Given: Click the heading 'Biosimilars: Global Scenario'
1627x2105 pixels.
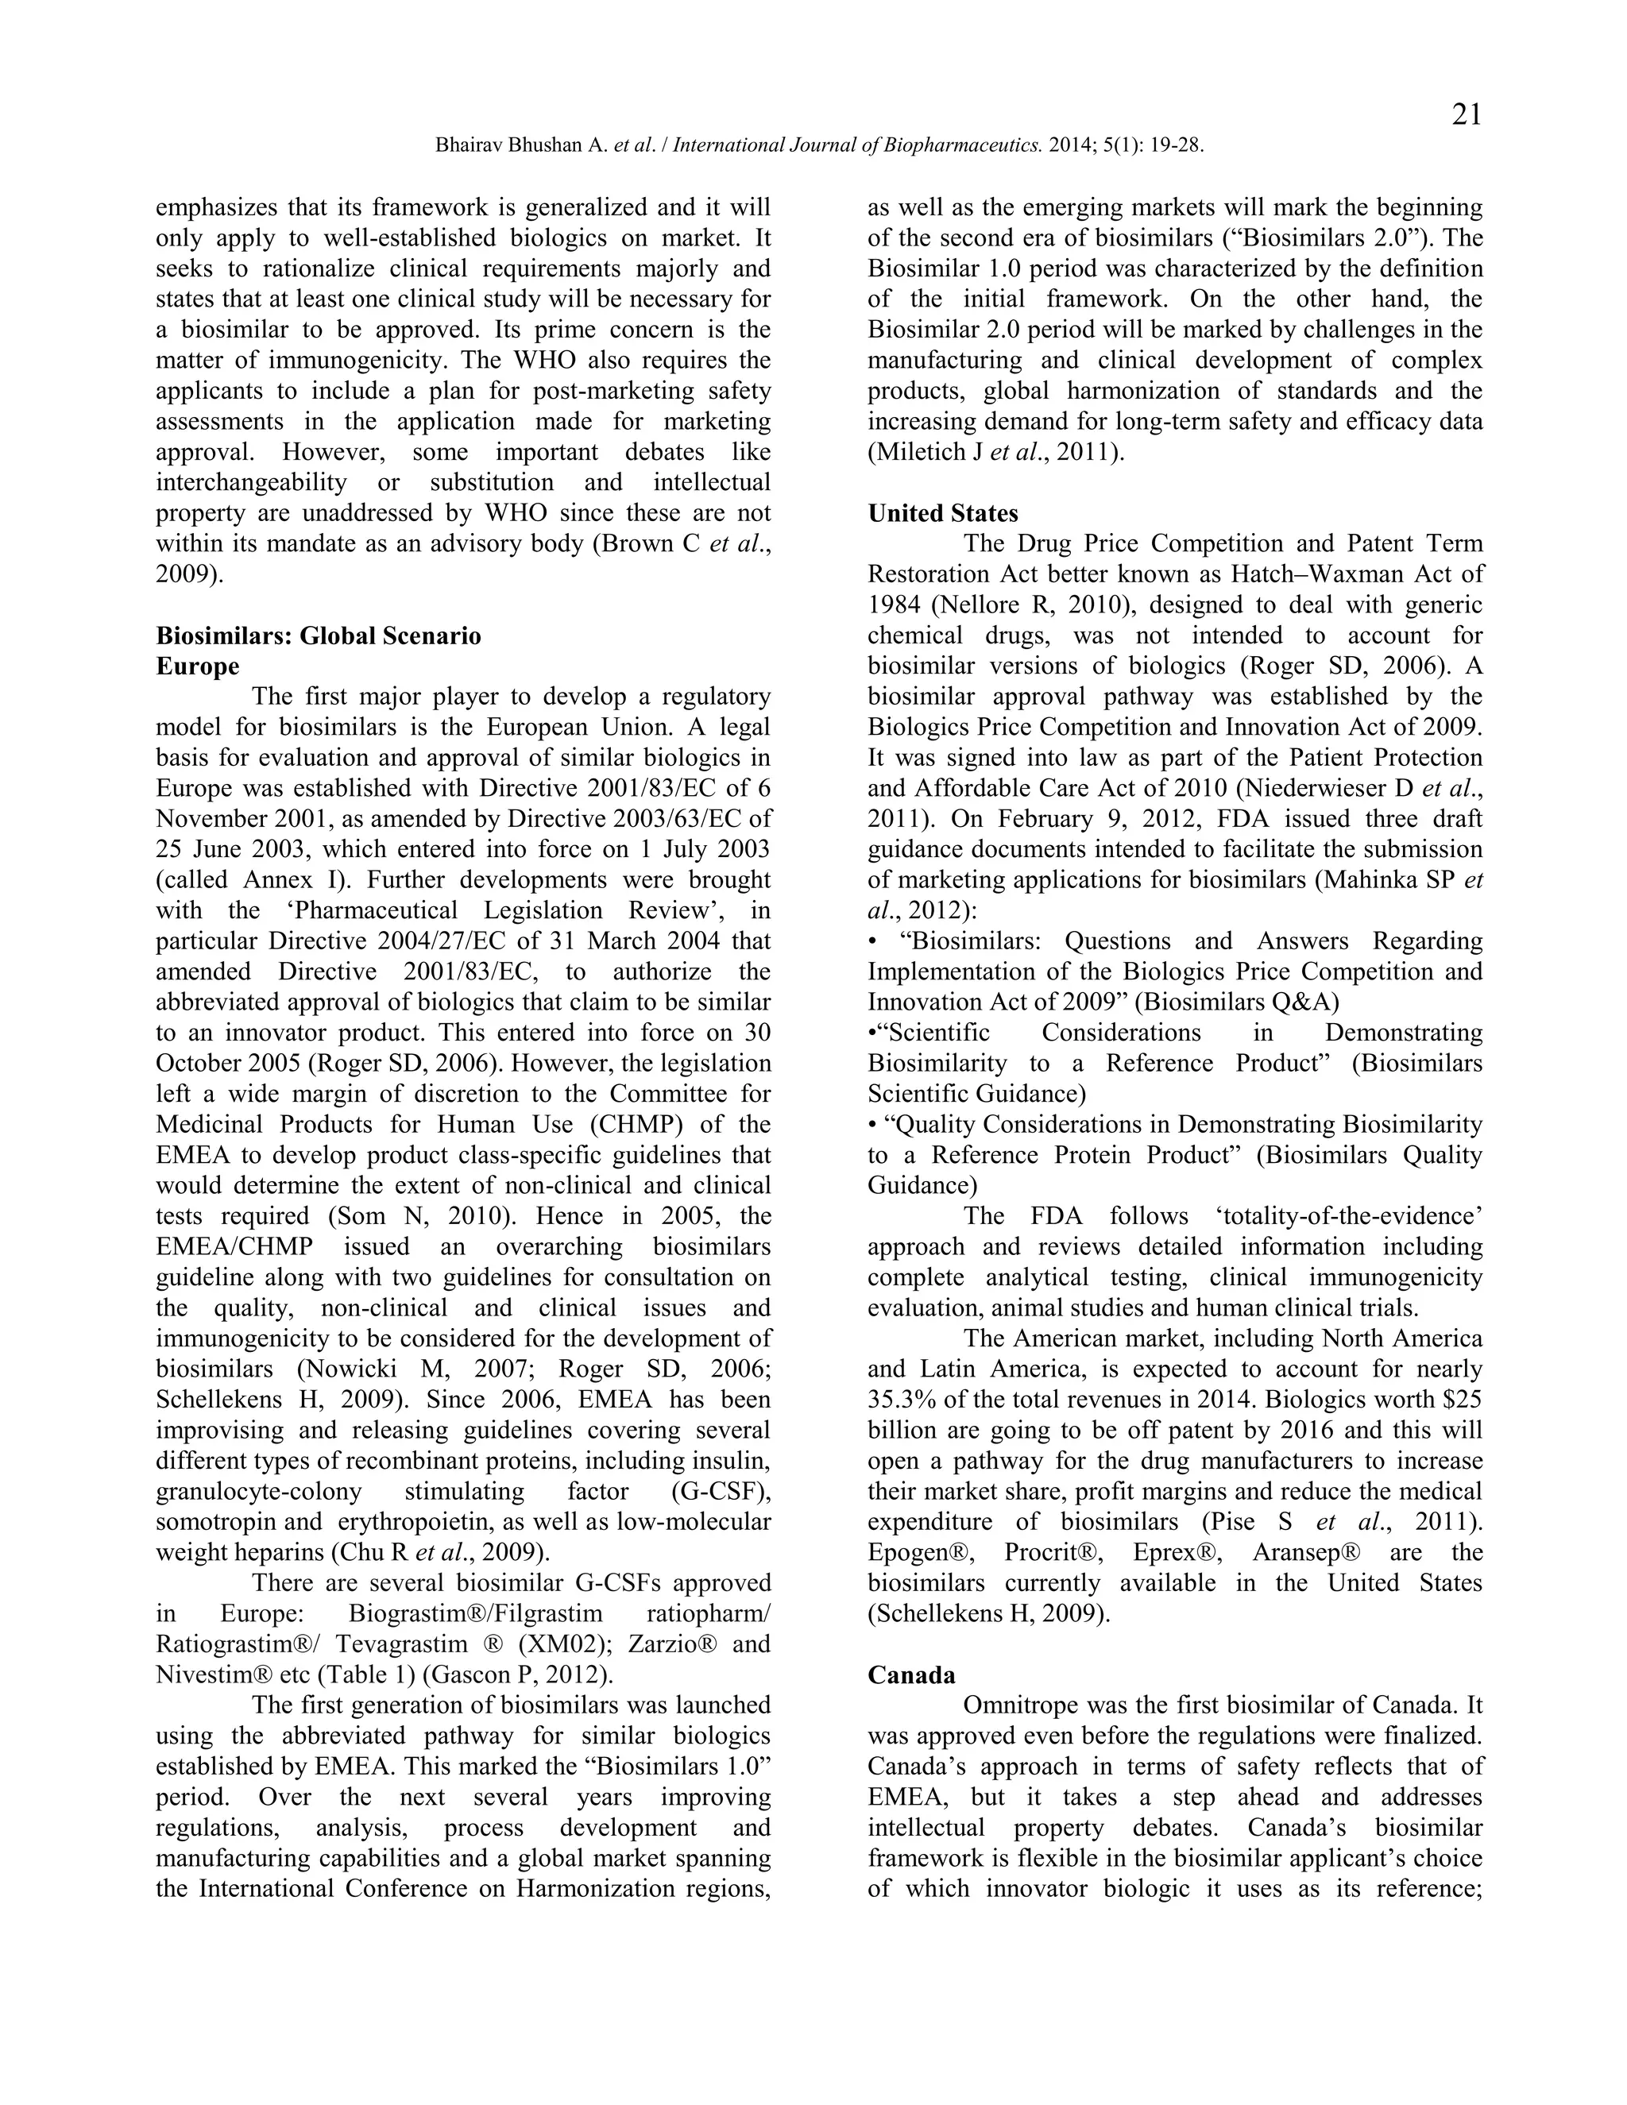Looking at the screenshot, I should click(x=318, y=636).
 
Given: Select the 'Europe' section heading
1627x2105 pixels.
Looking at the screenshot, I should click(x=198, y=667).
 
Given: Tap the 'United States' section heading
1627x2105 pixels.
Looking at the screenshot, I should click(x=943, y=514).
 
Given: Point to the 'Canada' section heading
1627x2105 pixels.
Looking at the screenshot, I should click(x=911, y=1675).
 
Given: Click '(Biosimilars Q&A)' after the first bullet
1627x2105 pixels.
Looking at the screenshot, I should click(x=1237, y=1002).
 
